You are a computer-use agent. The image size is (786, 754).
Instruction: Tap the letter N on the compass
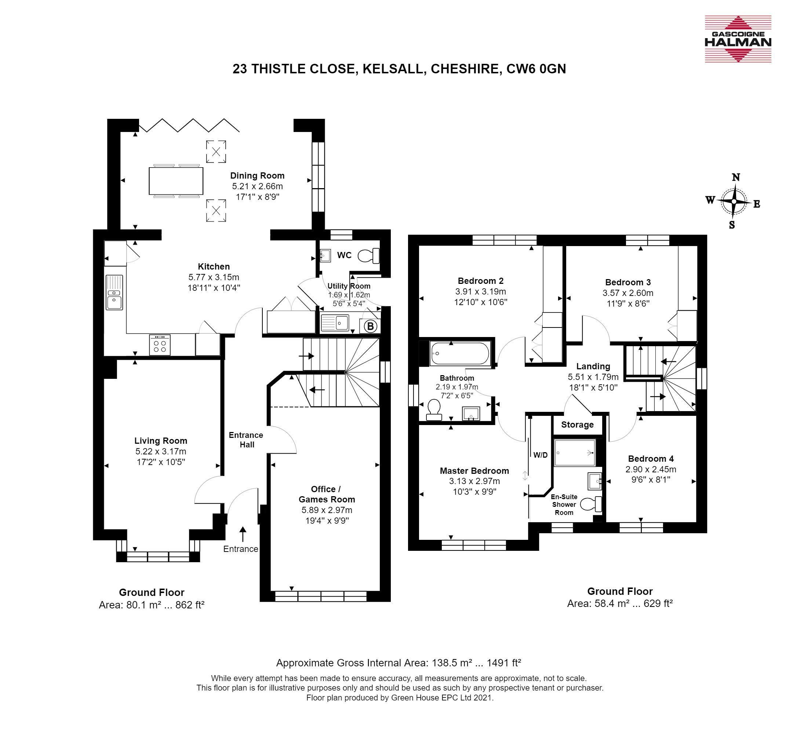click(x=736, y=177)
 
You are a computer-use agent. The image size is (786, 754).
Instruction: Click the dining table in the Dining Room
click(x=176, y=181)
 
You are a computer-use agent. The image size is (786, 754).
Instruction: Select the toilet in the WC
click(x=368, y=255)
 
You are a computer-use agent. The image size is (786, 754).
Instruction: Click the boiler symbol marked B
click(x=371, y=326)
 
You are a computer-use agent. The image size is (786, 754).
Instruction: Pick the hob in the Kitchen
click(x=160, y=345)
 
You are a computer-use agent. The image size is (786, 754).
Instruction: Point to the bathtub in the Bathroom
click(x=459, y=353)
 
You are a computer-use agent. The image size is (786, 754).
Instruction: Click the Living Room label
click(x=161, y=441)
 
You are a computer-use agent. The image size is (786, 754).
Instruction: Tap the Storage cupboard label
click(x=578, y=425)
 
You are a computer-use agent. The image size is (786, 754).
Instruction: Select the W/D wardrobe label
click(x=540, y=455)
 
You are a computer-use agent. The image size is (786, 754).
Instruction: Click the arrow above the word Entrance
click(x=243, y=534)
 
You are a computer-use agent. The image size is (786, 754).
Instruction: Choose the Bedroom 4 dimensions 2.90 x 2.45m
click(x=651, y=469)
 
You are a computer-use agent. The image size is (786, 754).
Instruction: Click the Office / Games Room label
click(x=327, y=494)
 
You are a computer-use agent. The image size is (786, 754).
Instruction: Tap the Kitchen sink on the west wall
click(x=114, y=292)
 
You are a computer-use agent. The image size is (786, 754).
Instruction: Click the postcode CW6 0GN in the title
click(x=536, y=69)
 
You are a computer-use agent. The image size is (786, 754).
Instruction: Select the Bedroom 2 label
click(x=481, y=281)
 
